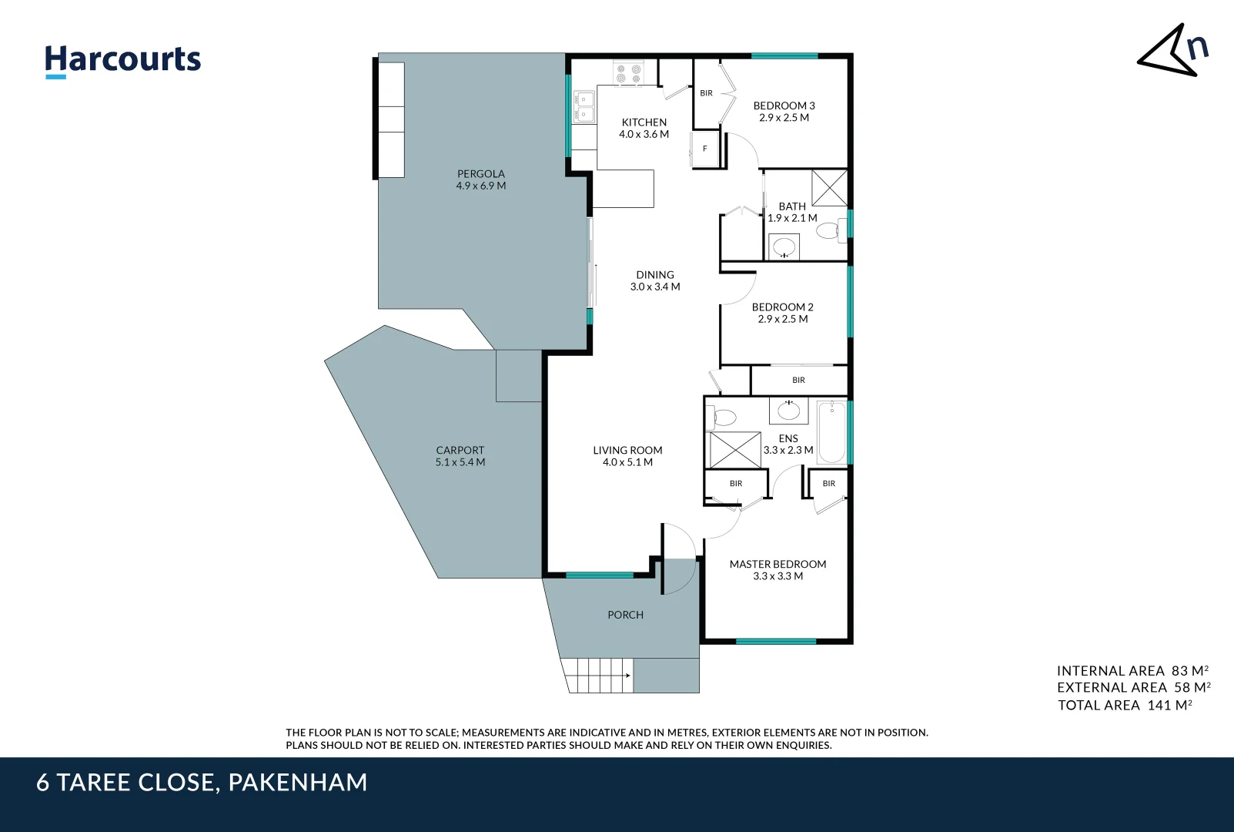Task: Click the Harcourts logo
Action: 122,60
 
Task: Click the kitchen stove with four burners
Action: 628,74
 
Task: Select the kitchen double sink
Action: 584,106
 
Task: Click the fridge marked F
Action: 704,149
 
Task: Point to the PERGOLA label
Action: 480,174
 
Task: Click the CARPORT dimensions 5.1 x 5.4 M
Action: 460,462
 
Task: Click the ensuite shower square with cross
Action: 734,450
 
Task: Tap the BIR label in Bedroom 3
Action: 706,93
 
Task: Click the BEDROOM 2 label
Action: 782,307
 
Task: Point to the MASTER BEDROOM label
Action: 778,564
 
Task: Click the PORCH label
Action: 625,615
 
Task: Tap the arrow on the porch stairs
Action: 627,676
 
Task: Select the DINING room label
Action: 654,275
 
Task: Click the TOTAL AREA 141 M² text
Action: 1124,705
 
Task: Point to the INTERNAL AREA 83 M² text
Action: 1132,671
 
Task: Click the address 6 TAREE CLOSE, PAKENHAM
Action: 202,783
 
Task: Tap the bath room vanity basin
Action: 784,247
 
